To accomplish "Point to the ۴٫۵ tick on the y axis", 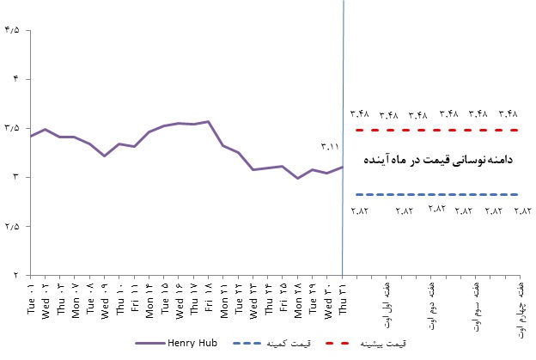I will point(12,31).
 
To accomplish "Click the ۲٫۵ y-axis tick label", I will point(12,226).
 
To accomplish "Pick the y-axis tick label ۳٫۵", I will point(12,128).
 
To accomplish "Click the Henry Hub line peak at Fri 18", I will point(209,122).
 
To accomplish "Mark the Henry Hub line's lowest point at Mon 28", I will point(298,178).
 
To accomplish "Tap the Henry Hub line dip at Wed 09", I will point(105,156).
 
